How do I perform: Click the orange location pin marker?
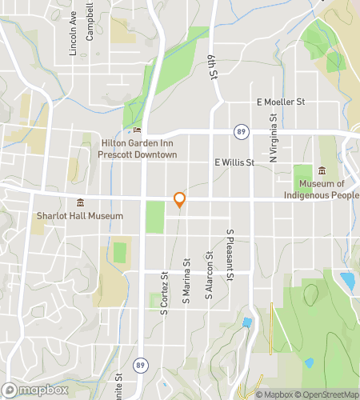click(179, 200)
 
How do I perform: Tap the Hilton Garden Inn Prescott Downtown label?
click(137, 149)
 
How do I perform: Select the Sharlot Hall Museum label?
click(80, 216)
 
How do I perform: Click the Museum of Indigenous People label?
click(322, 189)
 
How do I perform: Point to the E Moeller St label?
click(281, 102)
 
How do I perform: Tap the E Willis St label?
click(234, 162)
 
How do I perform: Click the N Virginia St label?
click(273, 138)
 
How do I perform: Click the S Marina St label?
click(186, 281)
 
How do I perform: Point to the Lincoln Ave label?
click(73, 34)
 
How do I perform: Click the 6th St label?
click(214, 63)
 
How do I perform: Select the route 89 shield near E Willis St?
click(241, 130)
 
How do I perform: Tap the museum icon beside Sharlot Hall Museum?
click(79, 202)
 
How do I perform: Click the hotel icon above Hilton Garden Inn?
click(137, 130)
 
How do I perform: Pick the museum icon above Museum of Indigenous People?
click(322, 170)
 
